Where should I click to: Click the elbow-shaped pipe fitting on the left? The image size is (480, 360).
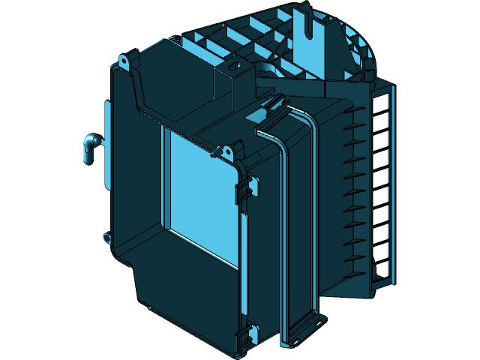click(89, 146)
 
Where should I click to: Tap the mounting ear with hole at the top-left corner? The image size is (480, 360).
click(125, 58)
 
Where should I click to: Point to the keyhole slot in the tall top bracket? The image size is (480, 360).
click(307, 22)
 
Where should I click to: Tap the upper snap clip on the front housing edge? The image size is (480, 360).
click(245, 188)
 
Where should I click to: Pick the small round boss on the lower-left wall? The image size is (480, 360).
click(106, 238)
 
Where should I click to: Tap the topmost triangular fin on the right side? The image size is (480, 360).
click(352, 113)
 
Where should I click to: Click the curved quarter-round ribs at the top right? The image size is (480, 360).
click(360, 45)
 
